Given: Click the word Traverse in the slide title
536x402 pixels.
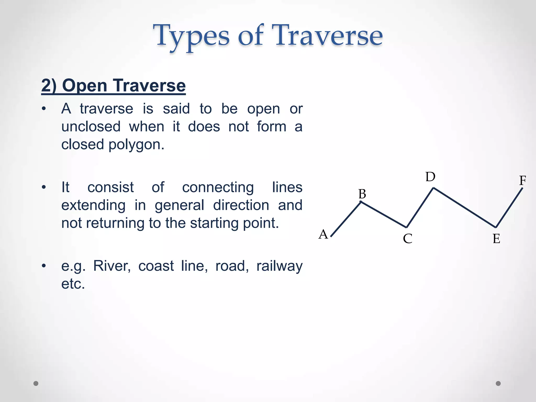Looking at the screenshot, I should pyautogui.click(x=327, y=35).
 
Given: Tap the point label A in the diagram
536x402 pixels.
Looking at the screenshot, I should pyautogui.click(x=323, y=234).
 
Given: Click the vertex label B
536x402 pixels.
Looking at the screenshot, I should pyautogui.click(x=362, y=194).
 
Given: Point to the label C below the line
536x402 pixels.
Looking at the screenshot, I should pyautogui.click(x=407, y=239).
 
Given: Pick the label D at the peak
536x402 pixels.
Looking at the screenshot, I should pyautogui.click(x=430, y=177).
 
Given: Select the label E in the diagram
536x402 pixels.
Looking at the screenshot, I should pyautogui.click(x=496, y=239).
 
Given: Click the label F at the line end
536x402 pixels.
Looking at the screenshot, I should pyautogui.click(x=523, y=180).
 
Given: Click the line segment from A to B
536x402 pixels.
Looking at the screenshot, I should pyautogui.click(x=346, y=219).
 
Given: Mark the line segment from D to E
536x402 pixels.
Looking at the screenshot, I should pyautogui.click(x=465, y=208).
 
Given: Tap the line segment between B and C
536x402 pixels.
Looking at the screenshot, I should pyautogui.click(x=384, y=214).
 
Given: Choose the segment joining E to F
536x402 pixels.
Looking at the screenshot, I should pyautogui.click(x=509, y=208).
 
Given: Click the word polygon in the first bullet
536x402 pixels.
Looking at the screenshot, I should pyautogui.click(x=136, y=145).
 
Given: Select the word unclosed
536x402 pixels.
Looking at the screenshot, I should pyautogui.click(x=91, y=127).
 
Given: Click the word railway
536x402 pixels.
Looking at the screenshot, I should pyautogui.click(x=279, y=266).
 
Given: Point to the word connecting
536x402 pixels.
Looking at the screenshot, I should pyautogui.click(x=218, y=187).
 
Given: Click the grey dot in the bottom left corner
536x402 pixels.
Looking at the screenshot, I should pyautogui.click(x=36, y=383).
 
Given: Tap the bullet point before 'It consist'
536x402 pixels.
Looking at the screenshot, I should pyautogui.click(x=44, y=187).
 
